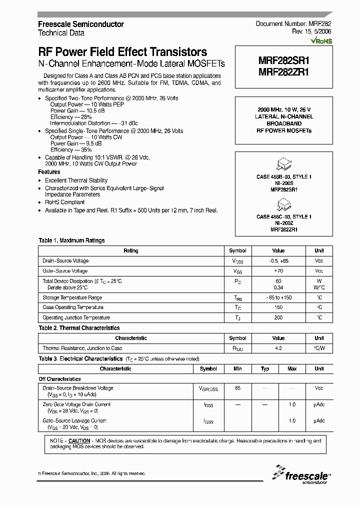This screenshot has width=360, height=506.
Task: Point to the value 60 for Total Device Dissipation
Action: pos(278,281)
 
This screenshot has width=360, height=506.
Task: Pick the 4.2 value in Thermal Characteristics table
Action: pos(278,348)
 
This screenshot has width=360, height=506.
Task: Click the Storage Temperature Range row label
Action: pos(72,297)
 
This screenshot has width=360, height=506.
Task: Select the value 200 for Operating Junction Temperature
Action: pos(278,317)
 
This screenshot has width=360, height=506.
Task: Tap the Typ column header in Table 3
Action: pos(265,368)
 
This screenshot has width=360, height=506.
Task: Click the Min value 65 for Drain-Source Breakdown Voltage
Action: pos(237,388)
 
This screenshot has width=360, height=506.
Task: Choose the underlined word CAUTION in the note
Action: pos(79,440)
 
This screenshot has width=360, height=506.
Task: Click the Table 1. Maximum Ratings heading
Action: pos(71,240)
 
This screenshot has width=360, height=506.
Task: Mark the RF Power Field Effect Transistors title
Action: pos(122,52)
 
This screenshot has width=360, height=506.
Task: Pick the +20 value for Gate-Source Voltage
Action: pos(278,270)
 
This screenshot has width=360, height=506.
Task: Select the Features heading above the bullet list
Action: pos(49,172)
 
